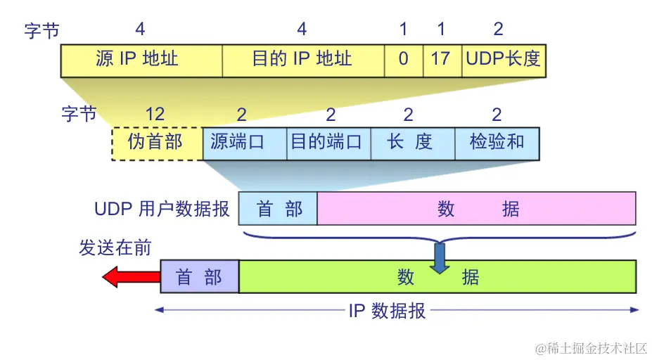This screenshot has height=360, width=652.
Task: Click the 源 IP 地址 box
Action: pyautogui.click(x=141, y=59)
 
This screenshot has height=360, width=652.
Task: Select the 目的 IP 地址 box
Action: pyautogui.click(x=303, y=59)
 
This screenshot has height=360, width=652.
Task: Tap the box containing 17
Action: pyautogui.click(x=440, y=59)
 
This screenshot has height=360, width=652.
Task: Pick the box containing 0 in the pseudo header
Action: pyautogui.click(x=404, y=59)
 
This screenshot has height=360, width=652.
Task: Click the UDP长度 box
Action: pyautogui.click(x=503, y=59)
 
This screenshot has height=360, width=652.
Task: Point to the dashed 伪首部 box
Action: pyautogui.click(x=156, y=143)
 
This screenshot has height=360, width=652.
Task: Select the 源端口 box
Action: pyautogui.click(x=244, y=143)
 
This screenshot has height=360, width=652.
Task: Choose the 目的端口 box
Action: pyautogui.click(x=328, y=143)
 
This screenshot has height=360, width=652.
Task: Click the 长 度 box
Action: pyautogui.click(x=413, y=143)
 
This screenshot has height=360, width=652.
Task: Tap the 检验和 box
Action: pyautogui.click(x=497, y=143)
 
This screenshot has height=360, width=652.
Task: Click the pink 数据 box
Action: pyautogui.click(x=477, y=209)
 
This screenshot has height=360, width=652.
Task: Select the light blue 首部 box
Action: pyautogui.click(x=278, y=209)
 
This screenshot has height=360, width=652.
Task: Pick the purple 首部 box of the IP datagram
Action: pyautogui.click(x=200, y=276)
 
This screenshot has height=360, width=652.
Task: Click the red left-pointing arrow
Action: pyautogui.click(x=132, y=277)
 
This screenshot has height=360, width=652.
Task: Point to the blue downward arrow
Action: pyautogui.click(x=440, y=258)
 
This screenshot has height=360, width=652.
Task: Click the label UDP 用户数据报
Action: pyautogui.click(x=162, y=209)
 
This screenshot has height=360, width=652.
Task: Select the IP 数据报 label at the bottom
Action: pyautogui.click(x=388, y=311)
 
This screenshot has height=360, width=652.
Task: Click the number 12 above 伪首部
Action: pyautogui.click(x=155, y=115)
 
